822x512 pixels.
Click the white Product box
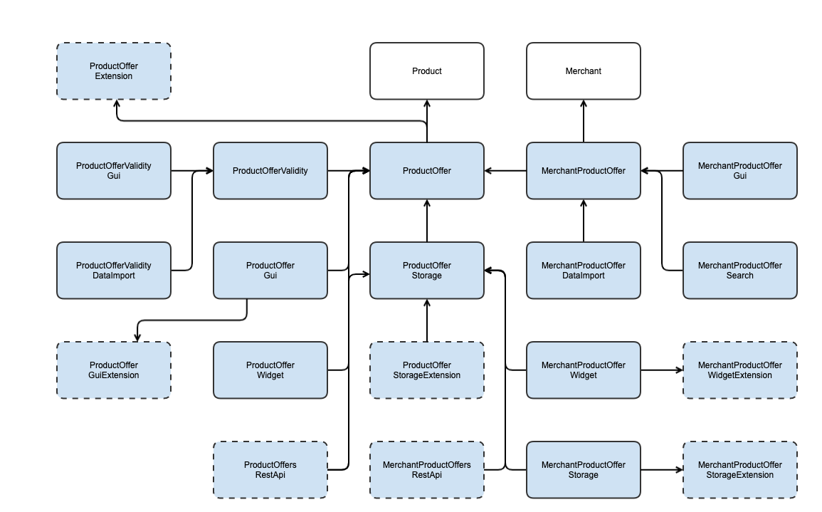coord(427,71)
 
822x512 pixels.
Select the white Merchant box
coord(584,71)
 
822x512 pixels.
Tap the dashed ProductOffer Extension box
coord(114,71)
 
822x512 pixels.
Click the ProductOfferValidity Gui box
coord(114,171)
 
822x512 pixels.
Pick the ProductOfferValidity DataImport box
coord(114,271)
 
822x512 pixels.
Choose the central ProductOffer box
coord(427,171)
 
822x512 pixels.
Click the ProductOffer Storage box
coord(427,271)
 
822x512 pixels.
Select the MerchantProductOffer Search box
coord(740,271)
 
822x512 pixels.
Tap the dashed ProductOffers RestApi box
coord(270,470)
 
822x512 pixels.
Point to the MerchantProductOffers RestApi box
coord(427,470)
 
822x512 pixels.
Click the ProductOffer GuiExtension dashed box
coord(114,370)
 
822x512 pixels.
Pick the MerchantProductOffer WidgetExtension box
coord(740,370)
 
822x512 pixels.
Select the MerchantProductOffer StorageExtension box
coord(740,470)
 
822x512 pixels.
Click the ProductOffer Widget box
coord(270,370)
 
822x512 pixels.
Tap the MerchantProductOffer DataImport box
coord(584,271)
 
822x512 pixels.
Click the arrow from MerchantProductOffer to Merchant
coord(584,121)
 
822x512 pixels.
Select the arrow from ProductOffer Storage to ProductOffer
coord(427,221)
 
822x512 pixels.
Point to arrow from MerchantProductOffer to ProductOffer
coord(505,171)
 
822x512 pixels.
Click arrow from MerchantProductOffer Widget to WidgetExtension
coord(662,370)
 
